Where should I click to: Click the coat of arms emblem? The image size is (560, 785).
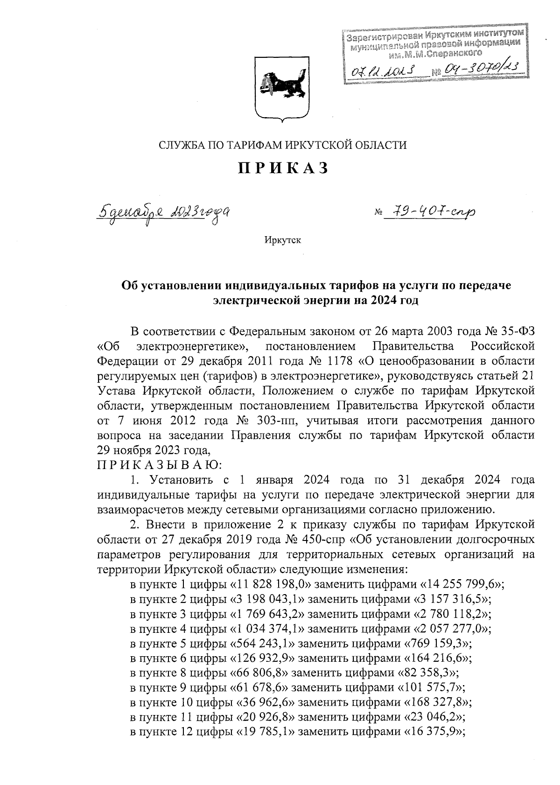(x=281, y=88)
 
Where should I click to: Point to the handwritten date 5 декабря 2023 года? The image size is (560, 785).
(x=163, y=214)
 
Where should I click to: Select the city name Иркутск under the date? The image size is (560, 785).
(x=282, y=241)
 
